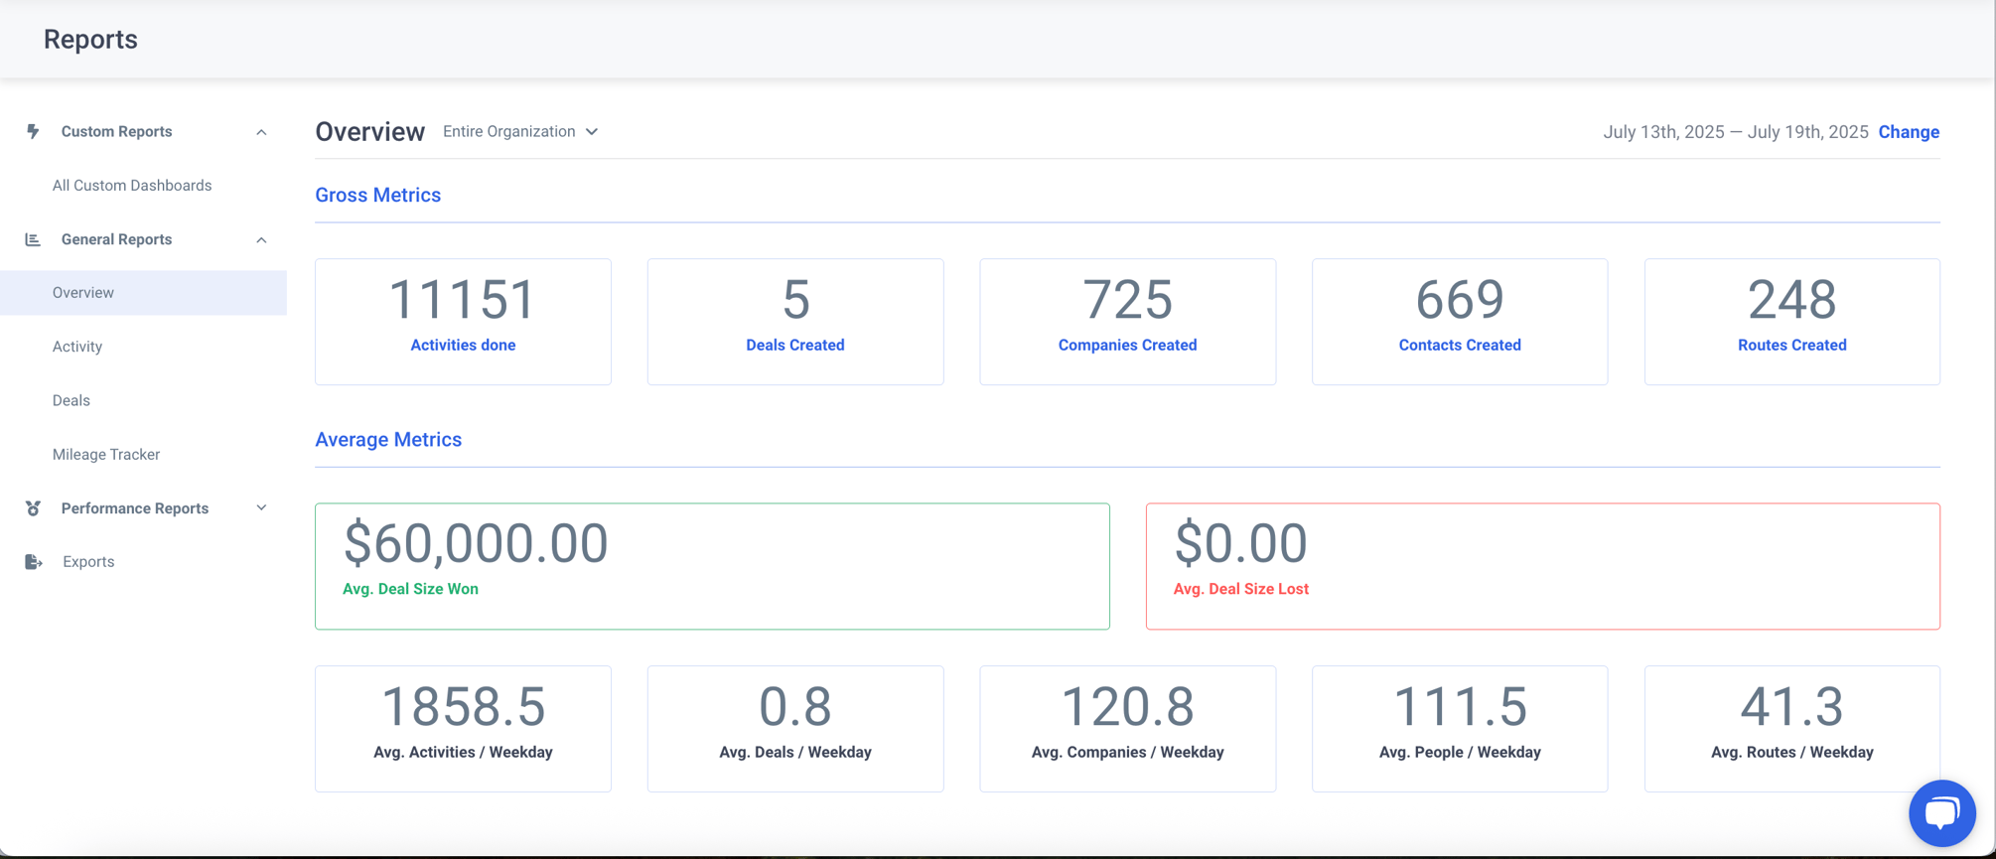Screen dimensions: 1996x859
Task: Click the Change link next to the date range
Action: click(x=1909, y=132)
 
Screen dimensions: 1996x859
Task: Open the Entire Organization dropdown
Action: click(x=520, y=132)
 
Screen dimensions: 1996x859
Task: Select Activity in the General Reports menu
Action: click(x=77, y=347)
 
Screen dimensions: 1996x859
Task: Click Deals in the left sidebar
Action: click(x=71, y=400)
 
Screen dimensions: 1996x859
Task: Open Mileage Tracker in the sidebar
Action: click(x=106, y=454)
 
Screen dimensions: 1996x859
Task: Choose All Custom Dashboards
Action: click(x=132, y=186)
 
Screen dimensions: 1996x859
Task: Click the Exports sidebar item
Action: click(x=88, y=562)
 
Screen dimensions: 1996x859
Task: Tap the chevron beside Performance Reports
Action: click(x=261, y=508)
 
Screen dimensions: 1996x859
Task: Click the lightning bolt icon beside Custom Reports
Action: click(x=33, y=131)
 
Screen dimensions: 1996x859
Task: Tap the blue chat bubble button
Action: click(x=1941, y=813)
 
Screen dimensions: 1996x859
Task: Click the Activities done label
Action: click(x=463, y=346)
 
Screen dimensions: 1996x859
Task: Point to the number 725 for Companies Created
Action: click(x=1127, y=299)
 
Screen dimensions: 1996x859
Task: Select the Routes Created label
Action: click(x=1791, y=346)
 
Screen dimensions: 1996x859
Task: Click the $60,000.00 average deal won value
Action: click(x=476, y=543)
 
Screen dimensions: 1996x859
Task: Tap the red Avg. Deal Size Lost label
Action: click(x=1240, y=589)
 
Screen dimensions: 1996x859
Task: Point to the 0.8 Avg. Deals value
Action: click(x=795, y=706)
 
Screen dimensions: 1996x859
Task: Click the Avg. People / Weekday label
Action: click(x=1460, y=753)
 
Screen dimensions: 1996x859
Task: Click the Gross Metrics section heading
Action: click(x=378, y=196)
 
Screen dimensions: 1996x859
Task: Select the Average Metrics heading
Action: click(x=388, y=440)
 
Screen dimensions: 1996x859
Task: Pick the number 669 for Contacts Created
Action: click(x=1460, y=299)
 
